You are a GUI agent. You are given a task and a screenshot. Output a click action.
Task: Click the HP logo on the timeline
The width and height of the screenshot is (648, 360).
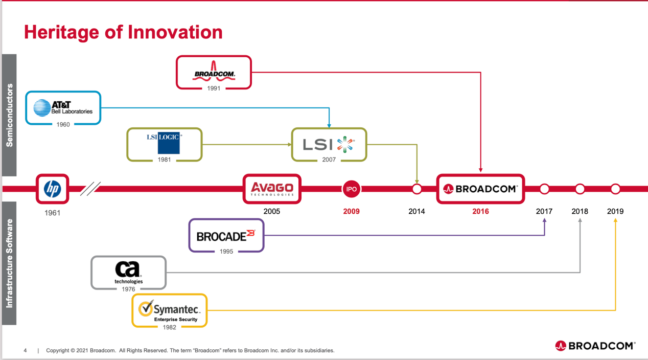52,189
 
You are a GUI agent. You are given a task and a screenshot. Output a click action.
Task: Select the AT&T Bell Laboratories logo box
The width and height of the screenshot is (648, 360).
63,108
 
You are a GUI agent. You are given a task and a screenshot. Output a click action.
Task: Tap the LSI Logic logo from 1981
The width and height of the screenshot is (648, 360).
165,143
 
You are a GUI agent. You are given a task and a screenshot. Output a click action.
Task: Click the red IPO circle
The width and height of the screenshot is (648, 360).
352,189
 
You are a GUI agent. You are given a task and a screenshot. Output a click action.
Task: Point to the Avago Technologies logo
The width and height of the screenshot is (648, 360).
272,189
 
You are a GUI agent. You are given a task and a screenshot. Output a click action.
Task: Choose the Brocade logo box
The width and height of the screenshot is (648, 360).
226,235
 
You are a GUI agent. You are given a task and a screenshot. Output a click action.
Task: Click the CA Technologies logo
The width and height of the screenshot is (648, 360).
128,273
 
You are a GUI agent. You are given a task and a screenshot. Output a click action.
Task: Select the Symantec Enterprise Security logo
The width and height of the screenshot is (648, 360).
169,310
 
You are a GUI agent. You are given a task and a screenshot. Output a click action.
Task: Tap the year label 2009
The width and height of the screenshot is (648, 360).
351,211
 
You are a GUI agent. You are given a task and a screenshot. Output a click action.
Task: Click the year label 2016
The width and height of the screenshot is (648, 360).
480,211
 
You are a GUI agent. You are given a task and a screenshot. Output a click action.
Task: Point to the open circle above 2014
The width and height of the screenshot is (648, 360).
417,189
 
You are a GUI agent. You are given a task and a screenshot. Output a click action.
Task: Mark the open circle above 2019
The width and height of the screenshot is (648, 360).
615,189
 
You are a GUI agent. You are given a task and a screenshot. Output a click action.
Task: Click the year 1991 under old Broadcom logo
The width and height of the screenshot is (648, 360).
214,88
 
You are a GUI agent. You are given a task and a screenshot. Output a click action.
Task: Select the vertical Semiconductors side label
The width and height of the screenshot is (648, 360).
9,115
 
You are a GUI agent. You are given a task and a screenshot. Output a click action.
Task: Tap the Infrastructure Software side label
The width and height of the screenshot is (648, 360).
9,263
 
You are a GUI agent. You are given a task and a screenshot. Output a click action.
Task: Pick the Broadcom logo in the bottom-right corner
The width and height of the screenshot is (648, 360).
595,346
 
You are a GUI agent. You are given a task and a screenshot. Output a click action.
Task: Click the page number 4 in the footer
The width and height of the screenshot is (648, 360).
25,350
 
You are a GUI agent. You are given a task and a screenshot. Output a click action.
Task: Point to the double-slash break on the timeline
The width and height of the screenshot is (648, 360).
90,189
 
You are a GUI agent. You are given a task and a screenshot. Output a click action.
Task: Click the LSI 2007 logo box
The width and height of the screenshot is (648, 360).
329,144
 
